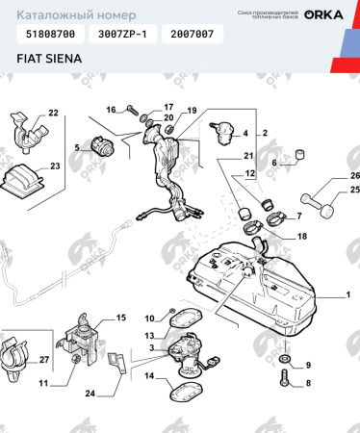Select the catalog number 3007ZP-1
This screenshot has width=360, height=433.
pyautogui.click(x=118, y=34)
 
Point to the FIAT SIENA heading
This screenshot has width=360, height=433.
pyautogui.click(x=48, y=59)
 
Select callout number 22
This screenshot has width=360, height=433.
pyautogui.click(x=53, y=114)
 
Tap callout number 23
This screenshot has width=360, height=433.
pyautogui.click(x=55, y=166)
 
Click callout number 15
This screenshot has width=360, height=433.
pyautogui.click(x=120, y=318)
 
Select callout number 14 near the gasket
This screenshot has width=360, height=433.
pyautogui.click(x=149, y=375)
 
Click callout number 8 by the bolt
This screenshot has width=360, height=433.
pyautogui.click(x=308, y=383)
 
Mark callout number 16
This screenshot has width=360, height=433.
pyautogui.click(x=111, y=109)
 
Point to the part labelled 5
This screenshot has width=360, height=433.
pyautogui.click(x=100, y=147)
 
